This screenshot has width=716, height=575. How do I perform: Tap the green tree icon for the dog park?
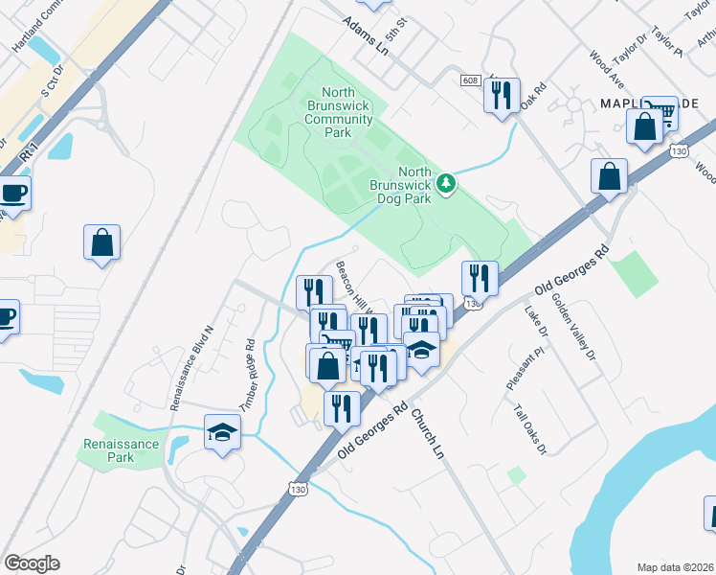coord(445,182)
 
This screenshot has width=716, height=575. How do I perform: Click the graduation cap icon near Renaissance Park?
coord(222,434)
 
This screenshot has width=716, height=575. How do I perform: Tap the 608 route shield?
coord(469,80)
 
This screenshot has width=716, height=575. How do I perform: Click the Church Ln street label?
coord(428,432)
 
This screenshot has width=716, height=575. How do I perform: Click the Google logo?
coord(32,563)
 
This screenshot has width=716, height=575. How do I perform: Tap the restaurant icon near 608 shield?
coord(502,95)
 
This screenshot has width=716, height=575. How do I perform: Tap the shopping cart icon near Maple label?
coord(660,112)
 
